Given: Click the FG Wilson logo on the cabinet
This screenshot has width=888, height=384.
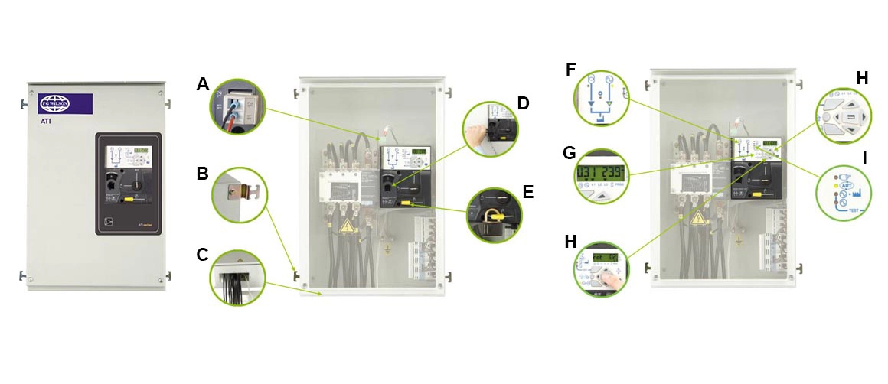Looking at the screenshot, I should click(x=58, y=103).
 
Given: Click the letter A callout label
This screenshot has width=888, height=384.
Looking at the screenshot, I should click(x=203, y=84).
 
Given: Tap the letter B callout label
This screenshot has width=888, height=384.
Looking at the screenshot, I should click(x=202, y=173).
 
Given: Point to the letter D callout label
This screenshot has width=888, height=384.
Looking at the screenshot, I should click(x=523, y=103).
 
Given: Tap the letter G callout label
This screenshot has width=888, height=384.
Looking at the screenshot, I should click(x=570, y=152).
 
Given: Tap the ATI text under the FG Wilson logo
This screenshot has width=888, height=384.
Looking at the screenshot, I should click(x=45, y=120).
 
